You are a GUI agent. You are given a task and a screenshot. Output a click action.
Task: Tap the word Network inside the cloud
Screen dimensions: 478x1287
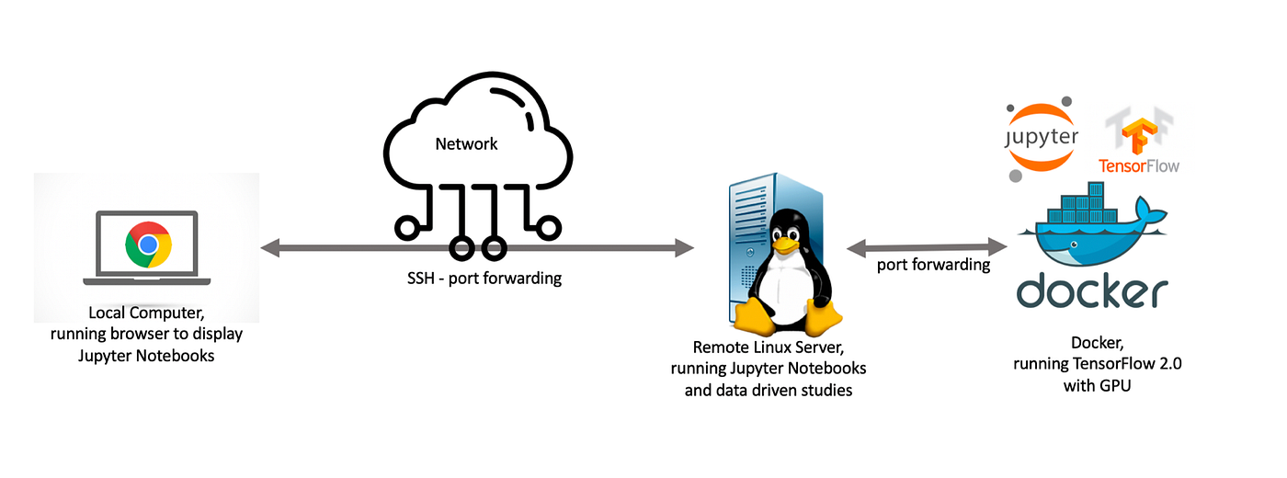[466, 144]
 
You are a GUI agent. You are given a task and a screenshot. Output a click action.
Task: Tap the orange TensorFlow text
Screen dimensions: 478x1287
[1138, 166]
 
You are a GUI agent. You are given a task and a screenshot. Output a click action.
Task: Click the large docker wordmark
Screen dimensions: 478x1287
[1092, 292]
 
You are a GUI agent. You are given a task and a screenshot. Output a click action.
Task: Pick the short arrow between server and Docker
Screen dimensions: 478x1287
[928, 246]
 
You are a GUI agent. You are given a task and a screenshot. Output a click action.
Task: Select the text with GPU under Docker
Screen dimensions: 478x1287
[1097, 386]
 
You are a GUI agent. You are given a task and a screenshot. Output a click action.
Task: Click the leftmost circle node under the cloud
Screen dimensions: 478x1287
[404, 226]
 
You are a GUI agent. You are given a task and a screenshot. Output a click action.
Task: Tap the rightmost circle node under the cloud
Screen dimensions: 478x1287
[550, 226]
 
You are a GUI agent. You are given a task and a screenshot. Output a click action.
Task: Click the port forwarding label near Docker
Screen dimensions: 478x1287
[933, 265]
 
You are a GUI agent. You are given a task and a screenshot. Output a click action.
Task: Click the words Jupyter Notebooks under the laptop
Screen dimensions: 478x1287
[146, 355]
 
